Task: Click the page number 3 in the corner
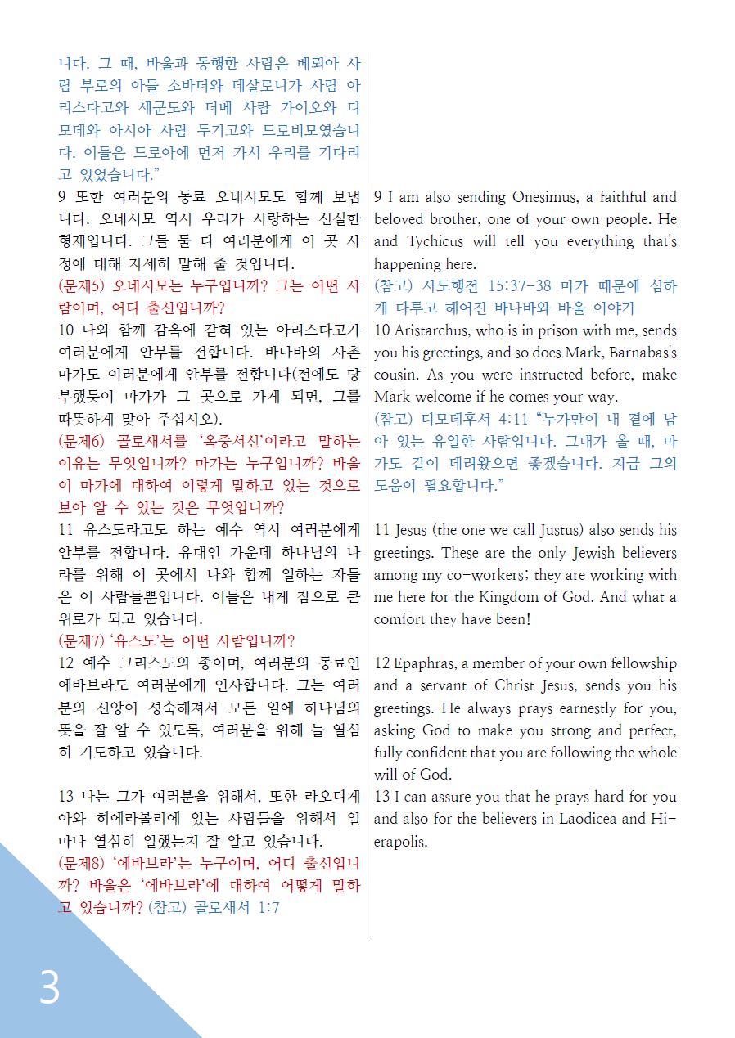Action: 50,987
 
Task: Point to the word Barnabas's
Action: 634,353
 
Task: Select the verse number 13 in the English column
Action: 382,797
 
